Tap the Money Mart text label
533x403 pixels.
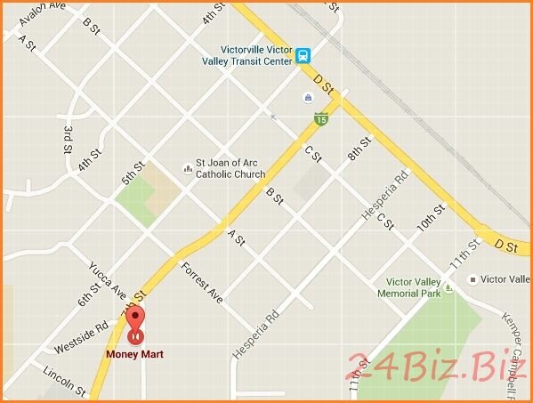(x=134, y=354)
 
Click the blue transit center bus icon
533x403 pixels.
(x=304, y=55)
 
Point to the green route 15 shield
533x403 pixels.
(x=319, y=117)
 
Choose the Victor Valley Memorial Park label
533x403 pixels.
(x=408, y=287)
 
